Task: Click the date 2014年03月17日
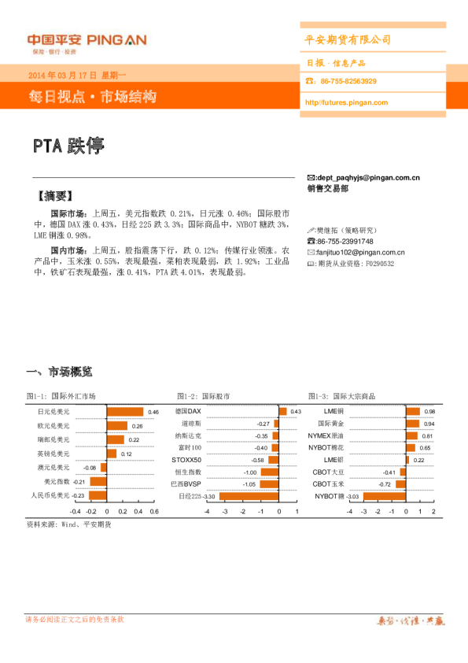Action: (x=62, y=76)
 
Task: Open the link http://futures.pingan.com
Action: (x=345, y=102)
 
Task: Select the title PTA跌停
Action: (x=68, y=146)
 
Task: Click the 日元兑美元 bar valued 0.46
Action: (x=125, y=412)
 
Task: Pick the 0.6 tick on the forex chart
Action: (x=154, y=510)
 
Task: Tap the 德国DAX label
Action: (x=189, y=412)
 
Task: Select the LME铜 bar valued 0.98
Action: (x=414, y=412)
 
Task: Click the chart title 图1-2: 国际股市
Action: (x=204, y=396)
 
